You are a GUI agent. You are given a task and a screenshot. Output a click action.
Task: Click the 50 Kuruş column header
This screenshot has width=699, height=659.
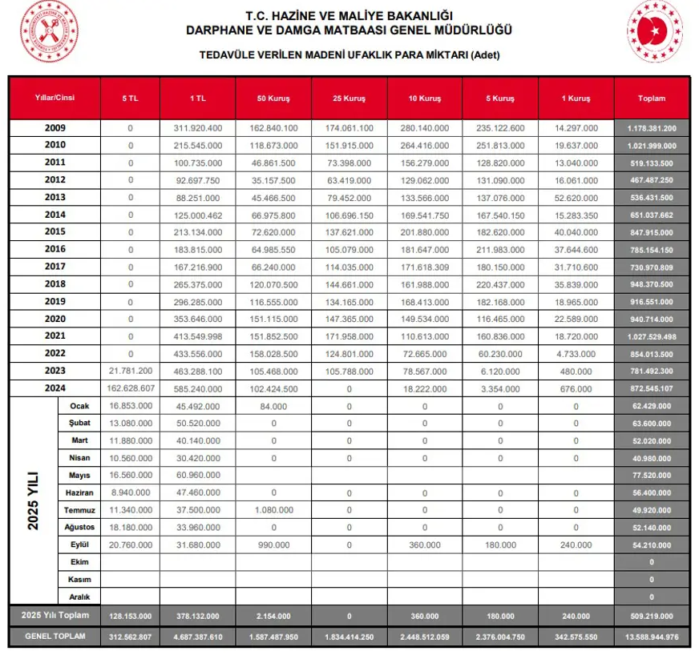click(x=273, y=98)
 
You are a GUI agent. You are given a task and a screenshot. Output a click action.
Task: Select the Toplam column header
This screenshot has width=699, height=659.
click(x=652, y=98)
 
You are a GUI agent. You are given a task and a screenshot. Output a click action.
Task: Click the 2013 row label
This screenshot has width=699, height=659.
click(x=55, y=198)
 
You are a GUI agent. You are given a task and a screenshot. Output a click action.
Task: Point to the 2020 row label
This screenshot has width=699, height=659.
click(x=55, y=319)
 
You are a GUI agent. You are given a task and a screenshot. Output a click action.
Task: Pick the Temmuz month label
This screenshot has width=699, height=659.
click(x=79, y=510)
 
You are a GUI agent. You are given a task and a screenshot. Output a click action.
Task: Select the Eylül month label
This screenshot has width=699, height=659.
click(x=79, y=545)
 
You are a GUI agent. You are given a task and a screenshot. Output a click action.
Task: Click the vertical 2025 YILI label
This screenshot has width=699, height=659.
click(x=33, y=501)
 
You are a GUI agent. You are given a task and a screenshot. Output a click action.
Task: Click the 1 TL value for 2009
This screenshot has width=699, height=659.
click(x=197, y=128)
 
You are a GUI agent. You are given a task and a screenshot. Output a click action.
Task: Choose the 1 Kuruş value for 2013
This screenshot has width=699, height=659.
click(x=576, y=198)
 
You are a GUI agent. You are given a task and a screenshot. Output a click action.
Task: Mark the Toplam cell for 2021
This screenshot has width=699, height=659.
click(x=652, y=336)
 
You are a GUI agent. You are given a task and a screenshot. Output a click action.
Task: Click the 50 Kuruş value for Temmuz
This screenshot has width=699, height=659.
click(x=273, y=510)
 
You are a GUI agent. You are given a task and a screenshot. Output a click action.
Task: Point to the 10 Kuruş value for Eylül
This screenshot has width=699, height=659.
click(x=425, y=545)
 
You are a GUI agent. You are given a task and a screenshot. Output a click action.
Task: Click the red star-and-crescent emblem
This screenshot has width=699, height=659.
click(x=655, y=30)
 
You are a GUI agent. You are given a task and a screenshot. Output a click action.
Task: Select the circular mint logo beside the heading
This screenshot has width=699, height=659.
click(x=49, y=30)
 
